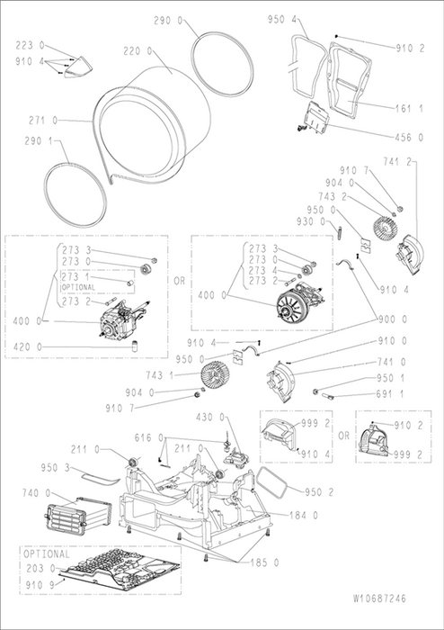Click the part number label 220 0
pos(138,51)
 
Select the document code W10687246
pos(379,598)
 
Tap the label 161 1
pos(409,109)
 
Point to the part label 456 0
pos(409,138)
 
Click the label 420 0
pos(28,346)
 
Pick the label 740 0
pos(37,492)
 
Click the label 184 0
pos(304,515)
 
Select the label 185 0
pos(264,562)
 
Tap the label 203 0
pos(40,569)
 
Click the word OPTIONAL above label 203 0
pos(47,554)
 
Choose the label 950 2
pos(319,492)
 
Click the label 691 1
pos(390,394)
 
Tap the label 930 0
pos(311,221)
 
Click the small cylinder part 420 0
pos(135,346)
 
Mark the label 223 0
pos(30,45)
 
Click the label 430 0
pos(210,418)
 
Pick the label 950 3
pos(56,468)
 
